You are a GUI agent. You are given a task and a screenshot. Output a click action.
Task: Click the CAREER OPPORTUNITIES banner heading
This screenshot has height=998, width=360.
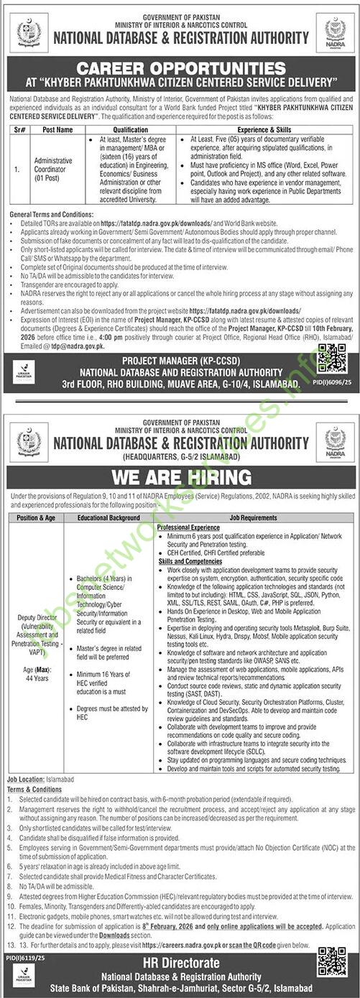point(180,70)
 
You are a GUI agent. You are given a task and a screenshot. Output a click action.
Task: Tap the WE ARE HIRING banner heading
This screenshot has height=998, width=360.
point(180,477)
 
